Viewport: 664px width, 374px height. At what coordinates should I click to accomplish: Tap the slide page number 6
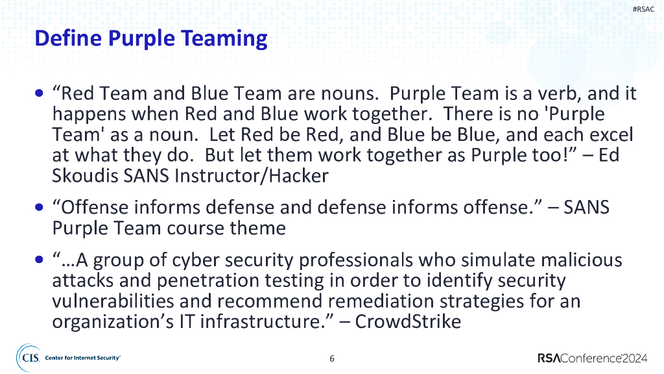[x=332, y=358]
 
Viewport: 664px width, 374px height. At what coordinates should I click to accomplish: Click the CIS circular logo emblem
[x=28, y=358]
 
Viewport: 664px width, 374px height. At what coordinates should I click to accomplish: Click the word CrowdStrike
[x=409, y=321]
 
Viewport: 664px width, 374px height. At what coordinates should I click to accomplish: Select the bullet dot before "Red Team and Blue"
[x=41, y=93]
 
